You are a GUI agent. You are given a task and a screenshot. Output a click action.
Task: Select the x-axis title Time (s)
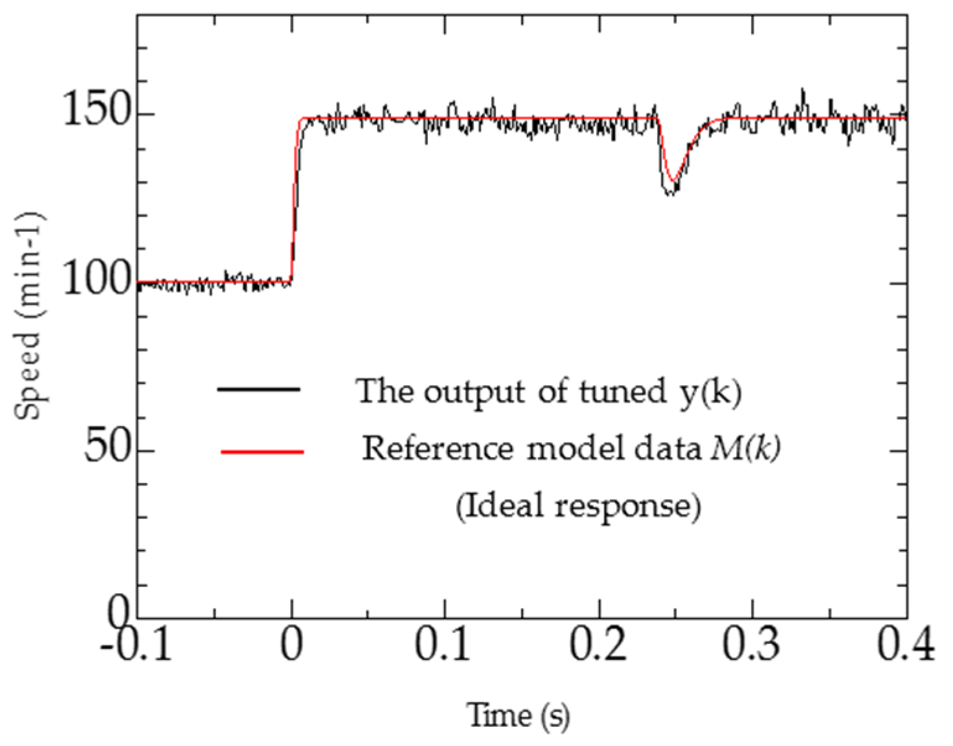(518, 716)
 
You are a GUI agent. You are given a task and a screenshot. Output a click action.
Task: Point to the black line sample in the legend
(259, 389)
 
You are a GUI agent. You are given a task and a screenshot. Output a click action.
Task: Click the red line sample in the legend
(263, 452)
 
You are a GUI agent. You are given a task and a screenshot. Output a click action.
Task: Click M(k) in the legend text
(745, 448)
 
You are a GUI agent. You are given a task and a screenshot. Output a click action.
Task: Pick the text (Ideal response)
(578, 507)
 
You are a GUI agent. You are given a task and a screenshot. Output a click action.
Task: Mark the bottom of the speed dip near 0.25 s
(671, 193)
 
